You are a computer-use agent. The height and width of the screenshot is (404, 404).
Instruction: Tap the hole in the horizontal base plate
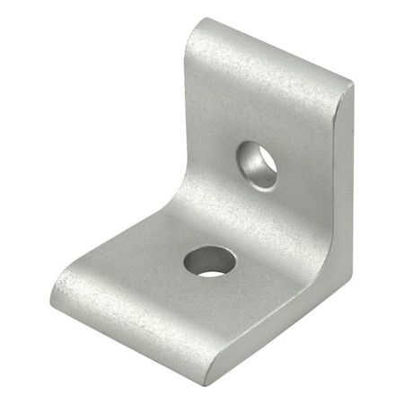tap(210, 262)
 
